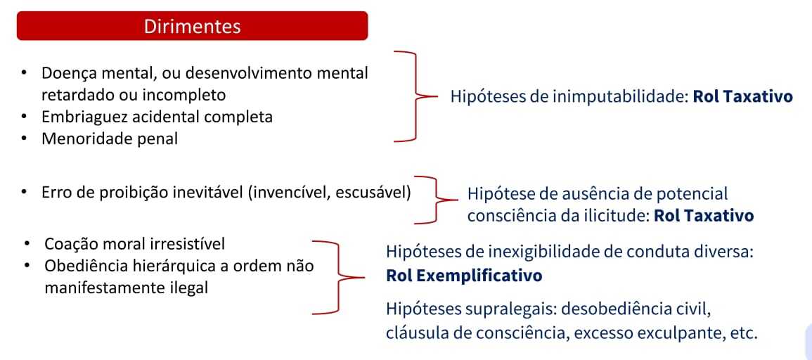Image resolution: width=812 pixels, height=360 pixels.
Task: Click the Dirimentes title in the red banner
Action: click(x=192, y=27)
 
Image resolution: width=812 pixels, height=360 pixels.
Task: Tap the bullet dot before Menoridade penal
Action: click(x=25, y=139)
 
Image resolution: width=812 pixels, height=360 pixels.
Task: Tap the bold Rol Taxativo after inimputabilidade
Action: click(x=742, y=96)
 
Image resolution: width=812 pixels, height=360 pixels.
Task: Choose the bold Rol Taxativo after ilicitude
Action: click(x=703, y=216)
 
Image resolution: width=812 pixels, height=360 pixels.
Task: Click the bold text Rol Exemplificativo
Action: click(x=464, y=276)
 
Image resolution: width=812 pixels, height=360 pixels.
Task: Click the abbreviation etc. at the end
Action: click(x=743, y=333)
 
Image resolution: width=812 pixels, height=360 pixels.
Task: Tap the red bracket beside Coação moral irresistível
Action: click(x=339, y=276)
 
